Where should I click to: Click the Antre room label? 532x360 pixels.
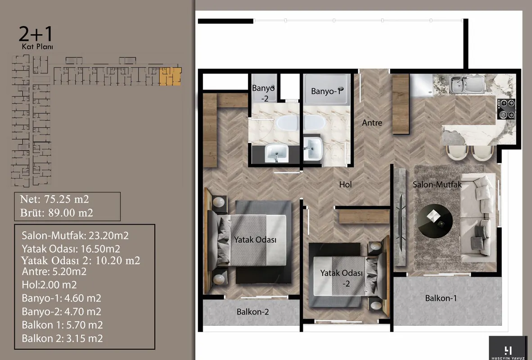tap(372, 122)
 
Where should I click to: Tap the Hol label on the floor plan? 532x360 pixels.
tap(345, 184)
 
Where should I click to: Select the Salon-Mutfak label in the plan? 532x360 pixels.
tap(437, 184)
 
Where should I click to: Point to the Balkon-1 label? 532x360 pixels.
tap(441, 298)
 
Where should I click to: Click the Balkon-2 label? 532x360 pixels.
tap(253, 312)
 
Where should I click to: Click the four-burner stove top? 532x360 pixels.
tap(506, 108)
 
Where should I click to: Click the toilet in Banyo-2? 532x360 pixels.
tap(287, 123)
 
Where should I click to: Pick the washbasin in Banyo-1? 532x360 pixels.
tap(312, 148)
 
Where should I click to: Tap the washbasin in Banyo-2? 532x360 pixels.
tap(276, 153)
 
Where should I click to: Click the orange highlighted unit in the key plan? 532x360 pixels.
tap(170, 76)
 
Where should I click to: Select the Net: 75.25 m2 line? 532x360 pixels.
tap(54, 199)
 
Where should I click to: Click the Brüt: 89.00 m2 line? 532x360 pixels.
tap(57, 213)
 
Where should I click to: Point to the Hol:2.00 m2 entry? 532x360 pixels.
tap(49, 285)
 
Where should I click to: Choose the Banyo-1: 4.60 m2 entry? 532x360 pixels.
tap(61, 298)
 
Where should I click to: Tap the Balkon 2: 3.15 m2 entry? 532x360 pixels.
tap(62, 338)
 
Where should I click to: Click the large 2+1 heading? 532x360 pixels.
tap(36, 34)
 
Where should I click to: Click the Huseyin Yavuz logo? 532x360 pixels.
tap(508, 348)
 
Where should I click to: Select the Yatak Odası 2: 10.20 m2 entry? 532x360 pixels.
tap(81, 261)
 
